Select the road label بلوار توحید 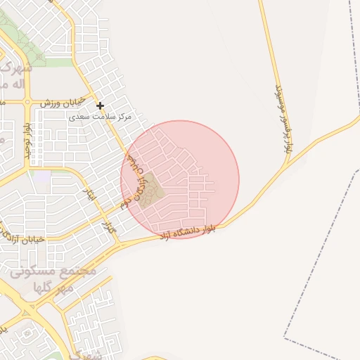click(x=28, y=141)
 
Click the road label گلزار click(x=108, y=228)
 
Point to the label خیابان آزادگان click(x=25, y=240)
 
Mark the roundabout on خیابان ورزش click(x=27, y=103)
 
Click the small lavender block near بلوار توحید click(x=42, y=176)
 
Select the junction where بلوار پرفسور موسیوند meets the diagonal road click(x=288, y=166)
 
